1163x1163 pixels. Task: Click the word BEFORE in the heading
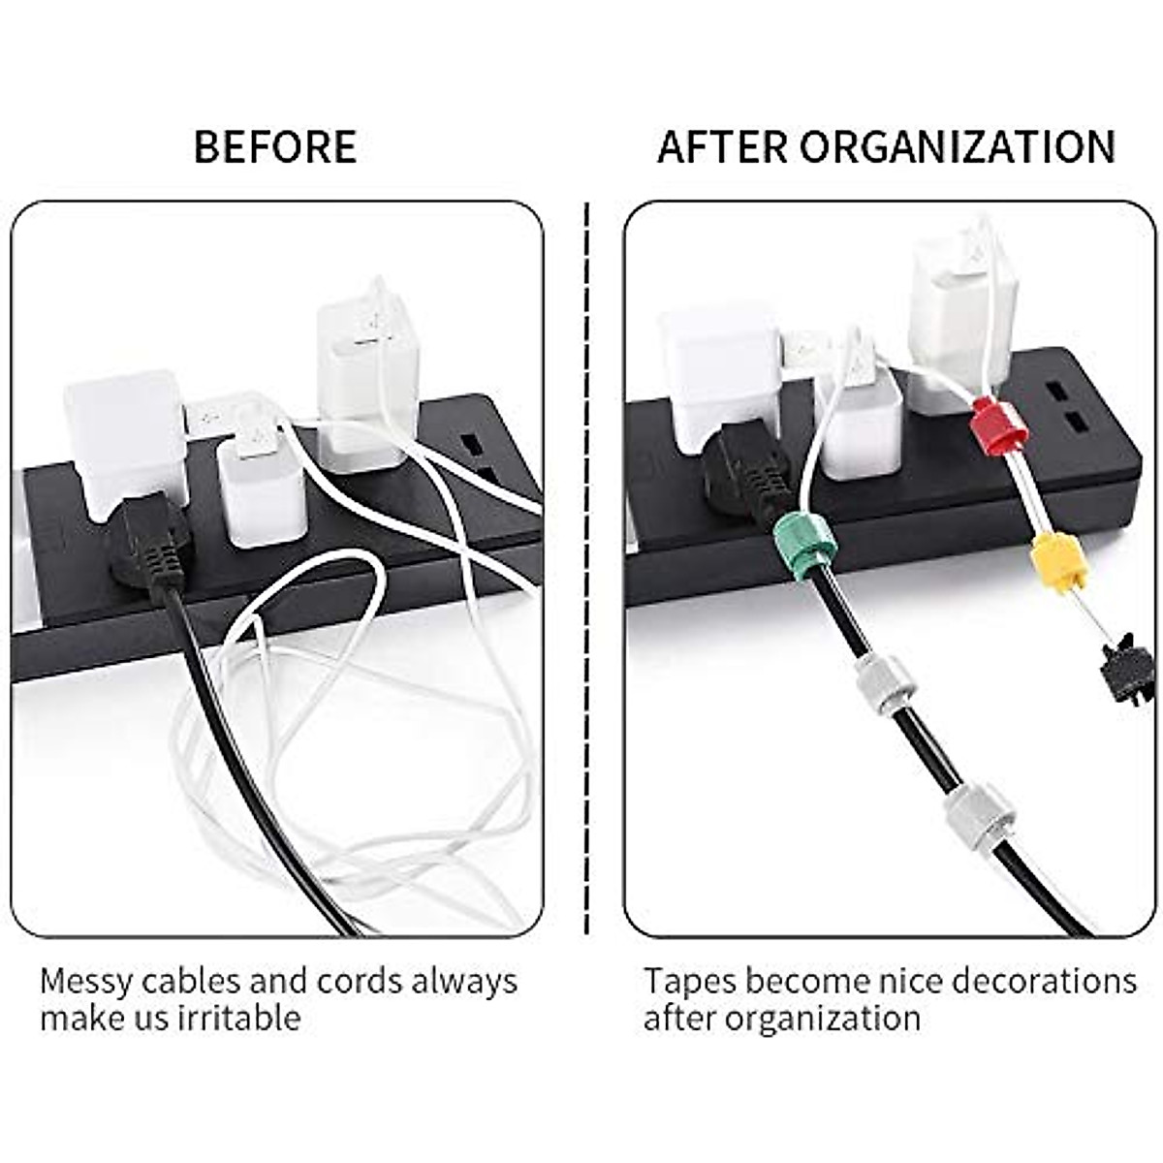[275, 146]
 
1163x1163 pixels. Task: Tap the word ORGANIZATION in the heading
[958, 146]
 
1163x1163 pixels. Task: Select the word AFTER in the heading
[722, 146]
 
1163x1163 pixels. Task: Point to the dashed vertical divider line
[587, 572]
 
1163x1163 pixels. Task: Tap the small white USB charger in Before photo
[258, 480]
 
